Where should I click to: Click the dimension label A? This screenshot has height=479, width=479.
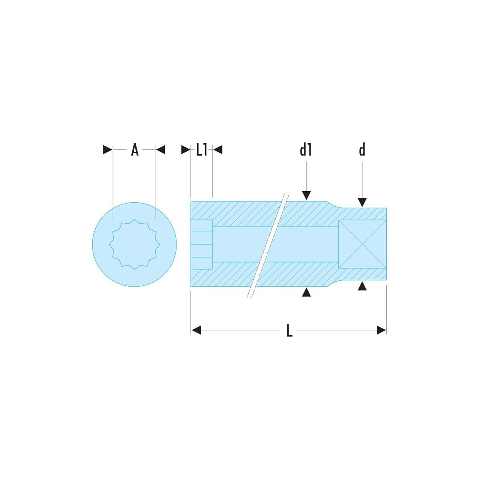(135, 150)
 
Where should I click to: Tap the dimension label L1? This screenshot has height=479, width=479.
(201, 150)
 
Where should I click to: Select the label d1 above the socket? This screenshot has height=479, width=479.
(305, 150)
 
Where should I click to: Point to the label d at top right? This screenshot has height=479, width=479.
(362, 150)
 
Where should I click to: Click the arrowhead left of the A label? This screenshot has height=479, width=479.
(108, 150)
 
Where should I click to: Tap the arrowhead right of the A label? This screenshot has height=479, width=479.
(160, 150)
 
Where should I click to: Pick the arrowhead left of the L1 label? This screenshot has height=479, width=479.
(186, 150)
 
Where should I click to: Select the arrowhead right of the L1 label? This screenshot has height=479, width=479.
(218, 150)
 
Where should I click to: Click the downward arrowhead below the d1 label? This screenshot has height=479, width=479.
(306, 195)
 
